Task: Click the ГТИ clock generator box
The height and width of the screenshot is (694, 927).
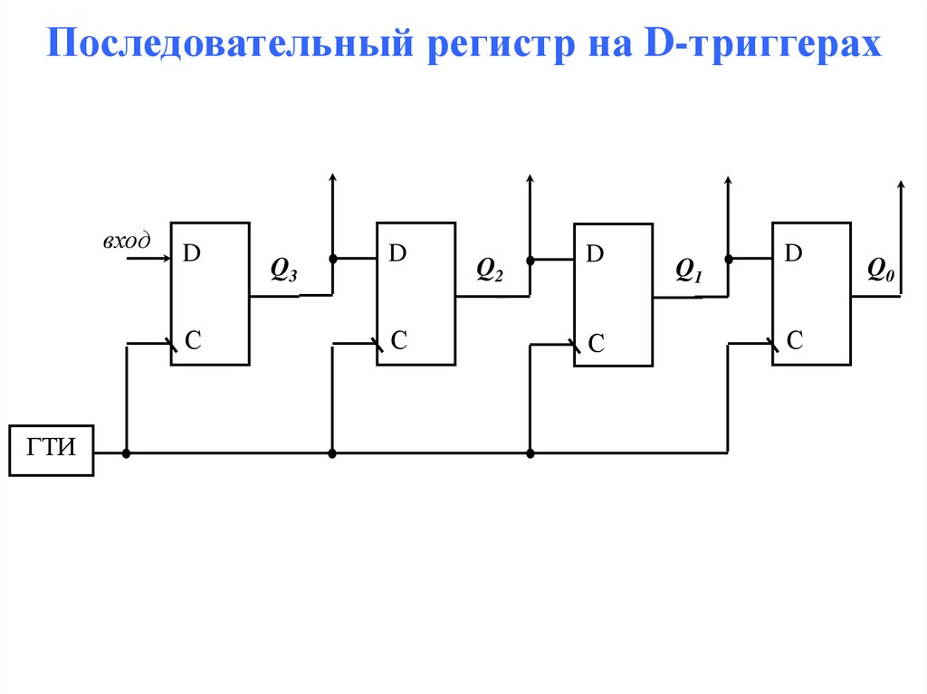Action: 52,450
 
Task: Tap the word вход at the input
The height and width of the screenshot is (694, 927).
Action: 127,240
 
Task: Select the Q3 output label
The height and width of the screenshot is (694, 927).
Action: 283,270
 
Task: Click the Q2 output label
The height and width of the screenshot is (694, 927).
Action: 490,270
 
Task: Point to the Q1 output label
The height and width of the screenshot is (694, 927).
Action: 689,271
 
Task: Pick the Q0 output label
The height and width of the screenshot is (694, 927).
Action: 881,270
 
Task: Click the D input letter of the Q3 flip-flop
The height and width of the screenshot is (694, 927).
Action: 192,253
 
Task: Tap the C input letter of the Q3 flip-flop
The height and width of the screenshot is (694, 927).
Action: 194,340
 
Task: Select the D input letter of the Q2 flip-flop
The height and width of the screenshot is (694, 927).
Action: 397,253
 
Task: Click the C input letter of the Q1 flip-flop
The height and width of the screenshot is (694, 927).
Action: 596,343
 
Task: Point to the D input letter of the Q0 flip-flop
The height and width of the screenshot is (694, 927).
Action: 793,253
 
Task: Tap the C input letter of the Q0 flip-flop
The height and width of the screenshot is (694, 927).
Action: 795,340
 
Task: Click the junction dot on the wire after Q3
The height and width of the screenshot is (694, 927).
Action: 333,259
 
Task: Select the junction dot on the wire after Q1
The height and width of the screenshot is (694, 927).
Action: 729,259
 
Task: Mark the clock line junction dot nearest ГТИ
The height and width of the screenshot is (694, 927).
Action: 126,453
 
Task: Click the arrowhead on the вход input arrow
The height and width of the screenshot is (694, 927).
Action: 167,258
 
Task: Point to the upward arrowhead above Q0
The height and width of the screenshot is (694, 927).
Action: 901,185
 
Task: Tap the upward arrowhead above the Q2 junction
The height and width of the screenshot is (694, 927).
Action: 530,179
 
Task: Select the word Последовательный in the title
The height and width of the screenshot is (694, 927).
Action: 229,43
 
